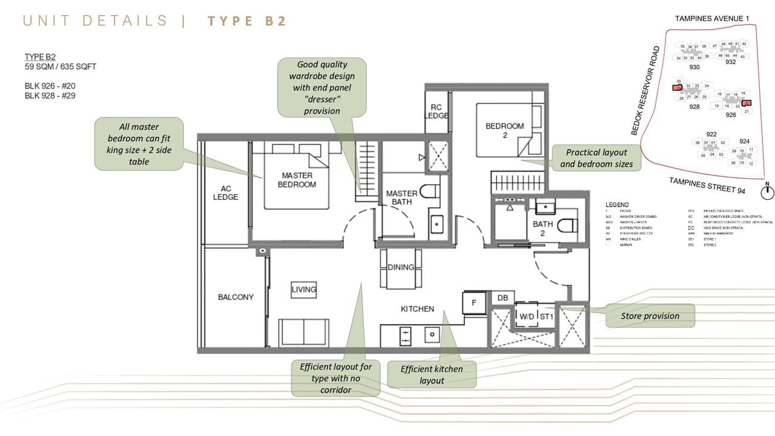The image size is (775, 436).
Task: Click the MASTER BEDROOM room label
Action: (x=297, y=180)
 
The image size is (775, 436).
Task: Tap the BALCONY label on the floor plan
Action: (x=236, y=297)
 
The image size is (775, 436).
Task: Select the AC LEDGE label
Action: (x=225, y=193)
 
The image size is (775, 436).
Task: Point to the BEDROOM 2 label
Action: (x=504, y=130)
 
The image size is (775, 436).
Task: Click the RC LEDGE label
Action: (x=436, y=111)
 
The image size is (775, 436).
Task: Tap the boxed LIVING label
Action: (x=303, y=289)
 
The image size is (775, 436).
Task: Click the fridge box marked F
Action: (x=474, y=302)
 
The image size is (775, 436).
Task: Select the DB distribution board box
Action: (x=502, y=298)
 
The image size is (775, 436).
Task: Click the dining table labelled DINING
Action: (x=401, y=268)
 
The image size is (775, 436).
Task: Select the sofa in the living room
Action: (x=303, y=332)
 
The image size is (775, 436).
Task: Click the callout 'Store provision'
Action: (x=650, y=315)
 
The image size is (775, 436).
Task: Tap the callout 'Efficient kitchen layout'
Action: (x=432, y=375)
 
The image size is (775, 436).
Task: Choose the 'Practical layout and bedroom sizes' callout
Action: (x=596, y=158)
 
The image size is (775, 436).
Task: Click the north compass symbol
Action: (x=767, y=192)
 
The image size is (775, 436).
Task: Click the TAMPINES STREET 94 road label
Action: (x=707, y=185)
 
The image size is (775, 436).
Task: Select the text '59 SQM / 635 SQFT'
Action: (x=61, y=67)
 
